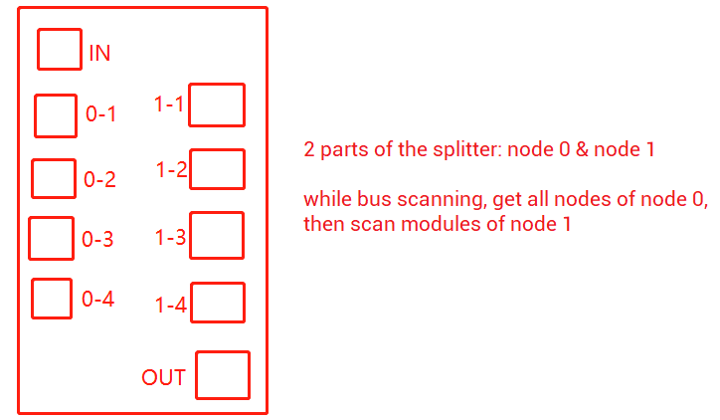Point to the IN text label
[x=99, y=54]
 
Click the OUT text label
[x=163, y=377]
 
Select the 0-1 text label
[x=101, y=113]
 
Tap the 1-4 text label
[x=171, y=305]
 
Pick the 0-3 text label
[x=97, y=239]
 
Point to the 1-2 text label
[x=172, y=170]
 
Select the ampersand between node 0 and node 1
[x=582, y=149]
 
